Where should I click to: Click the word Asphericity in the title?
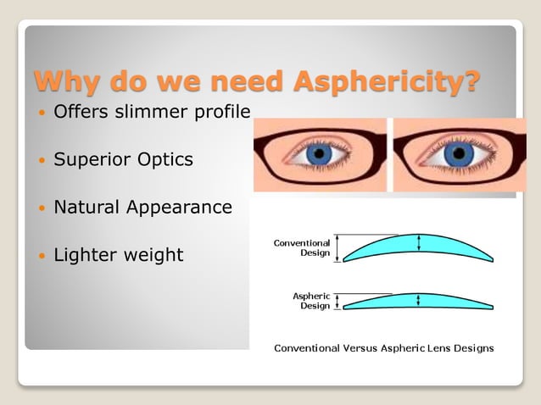pos(385,82)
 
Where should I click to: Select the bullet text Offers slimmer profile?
pos(152,111)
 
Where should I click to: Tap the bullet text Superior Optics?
pos(123,159)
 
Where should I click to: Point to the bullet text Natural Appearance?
pos(142,207)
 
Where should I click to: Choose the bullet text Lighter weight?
pos(118,254)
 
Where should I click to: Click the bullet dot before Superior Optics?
pos(41,160)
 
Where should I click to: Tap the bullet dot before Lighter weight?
pos(41,255)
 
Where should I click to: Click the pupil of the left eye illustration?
pos(320,153)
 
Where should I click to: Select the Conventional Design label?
pos(302,247)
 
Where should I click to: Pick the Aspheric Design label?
pos(311,301)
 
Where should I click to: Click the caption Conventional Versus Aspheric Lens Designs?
pos(383,347)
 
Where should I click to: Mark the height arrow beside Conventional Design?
pos(337,247)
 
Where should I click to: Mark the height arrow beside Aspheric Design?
pos(337,301)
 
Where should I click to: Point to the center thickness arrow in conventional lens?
pos(418,243)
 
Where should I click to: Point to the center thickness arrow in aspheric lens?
pos(418,300)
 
